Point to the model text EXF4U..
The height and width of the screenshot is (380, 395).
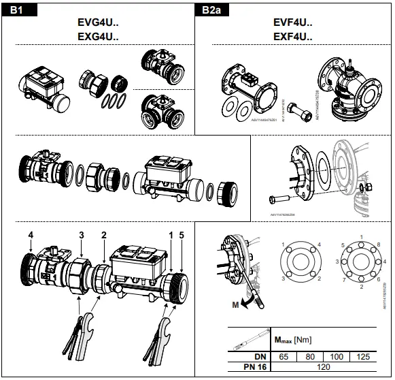[x=293, y=36]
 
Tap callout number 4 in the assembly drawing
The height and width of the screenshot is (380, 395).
[x=30, y=236]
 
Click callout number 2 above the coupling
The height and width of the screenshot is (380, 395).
[x=104, y=236]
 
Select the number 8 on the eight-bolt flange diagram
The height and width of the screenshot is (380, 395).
[x=360, y=244]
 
